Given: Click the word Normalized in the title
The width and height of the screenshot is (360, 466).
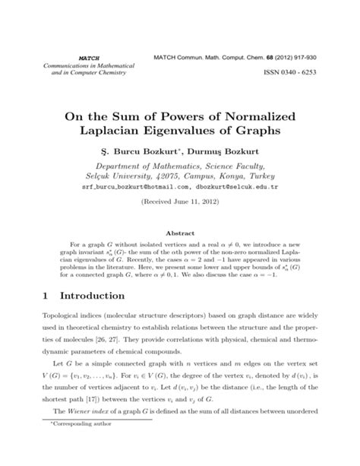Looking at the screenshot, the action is (254, 114).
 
